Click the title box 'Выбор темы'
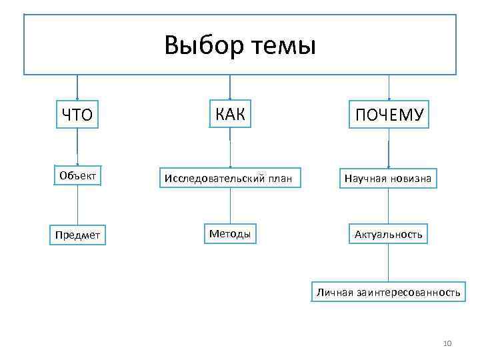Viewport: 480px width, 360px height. (x=240, y=44)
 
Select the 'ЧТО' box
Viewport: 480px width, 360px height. (x=77, y=115)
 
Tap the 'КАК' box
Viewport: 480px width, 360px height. (x=230, y=114)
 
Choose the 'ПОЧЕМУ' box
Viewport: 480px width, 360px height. (x=389, y=115)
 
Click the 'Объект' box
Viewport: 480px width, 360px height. (x=77, y=175)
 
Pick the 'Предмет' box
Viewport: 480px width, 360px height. (x=77, y=236)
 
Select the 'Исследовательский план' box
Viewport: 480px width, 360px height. (x=231, y=178)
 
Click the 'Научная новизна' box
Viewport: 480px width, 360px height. (x=388, y=178)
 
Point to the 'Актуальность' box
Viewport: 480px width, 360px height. (x=388, y=235)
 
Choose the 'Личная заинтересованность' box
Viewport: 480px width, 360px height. (x=388, y=293)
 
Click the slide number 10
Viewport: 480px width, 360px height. (x=447, y=343)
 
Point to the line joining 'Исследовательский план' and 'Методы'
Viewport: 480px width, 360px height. (x=230, y=206)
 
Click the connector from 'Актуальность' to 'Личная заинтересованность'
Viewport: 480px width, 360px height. (x=388, y=265)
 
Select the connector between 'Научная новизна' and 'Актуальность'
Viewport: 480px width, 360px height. (x=388, y=207)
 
